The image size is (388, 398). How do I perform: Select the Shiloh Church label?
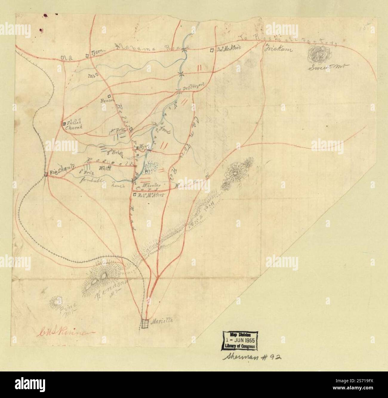(74, 125)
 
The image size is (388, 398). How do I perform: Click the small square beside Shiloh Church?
(64, 123)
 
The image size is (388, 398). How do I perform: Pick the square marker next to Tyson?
(87, 55)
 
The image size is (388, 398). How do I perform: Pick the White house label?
(101, 168)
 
